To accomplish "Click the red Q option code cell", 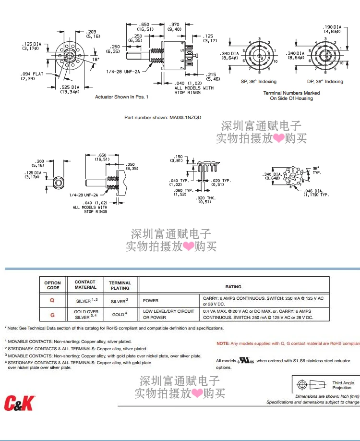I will click(52, 301).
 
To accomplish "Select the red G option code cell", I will click(52, 315).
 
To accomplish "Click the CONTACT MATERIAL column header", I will click(85, 285).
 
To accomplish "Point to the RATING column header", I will click(233, 287).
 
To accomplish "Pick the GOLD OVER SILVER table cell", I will click(87, 315).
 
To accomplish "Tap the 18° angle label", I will click(95, 59).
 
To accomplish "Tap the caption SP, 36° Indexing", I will click(259, 82).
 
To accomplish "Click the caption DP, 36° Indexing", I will click(325, 82).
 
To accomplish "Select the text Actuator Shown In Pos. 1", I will click(122, 97).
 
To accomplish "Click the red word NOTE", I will click(223, 343).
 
